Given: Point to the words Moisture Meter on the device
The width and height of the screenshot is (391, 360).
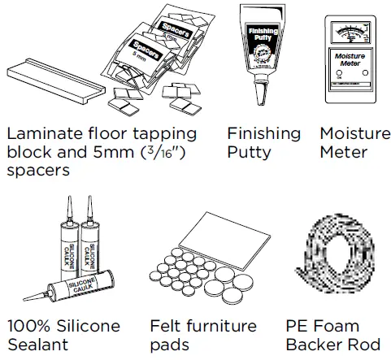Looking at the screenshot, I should click(352, 63).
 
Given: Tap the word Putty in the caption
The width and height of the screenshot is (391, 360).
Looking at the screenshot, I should click(249, 153).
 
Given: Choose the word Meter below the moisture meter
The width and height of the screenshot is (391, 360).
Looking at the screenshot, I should click(345, 153).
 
